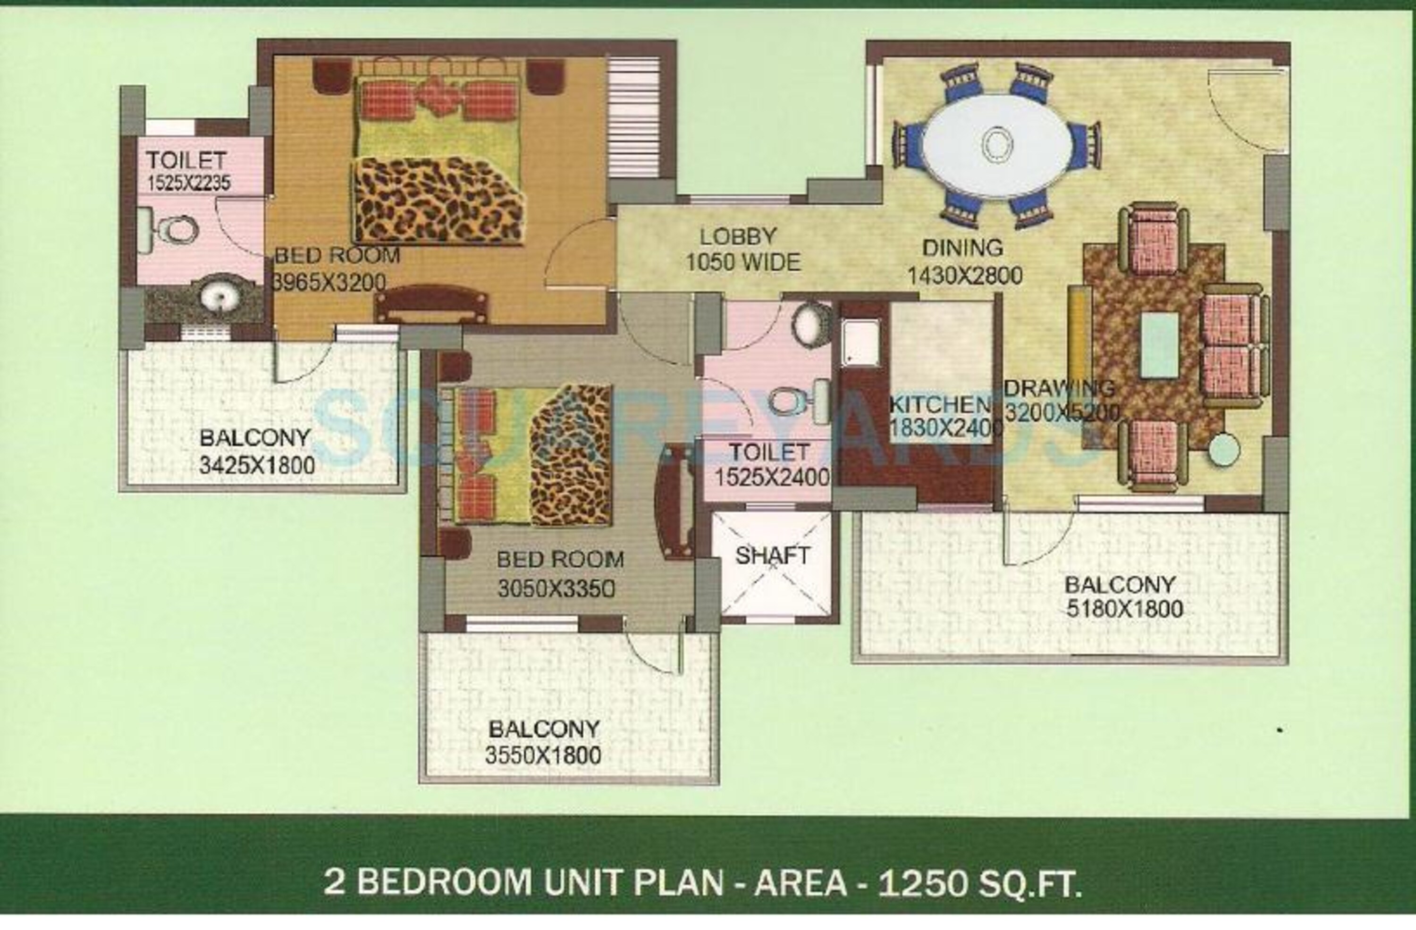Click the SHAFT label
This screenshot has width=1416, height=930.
point(772,556)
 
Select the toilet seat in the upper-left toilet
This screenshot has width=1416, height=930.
point(176,229)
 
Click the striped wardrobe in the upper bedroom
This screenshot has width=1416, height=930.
point(633,117)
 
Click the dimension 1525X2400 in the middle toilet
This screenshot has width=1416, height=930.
point(772,478)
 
